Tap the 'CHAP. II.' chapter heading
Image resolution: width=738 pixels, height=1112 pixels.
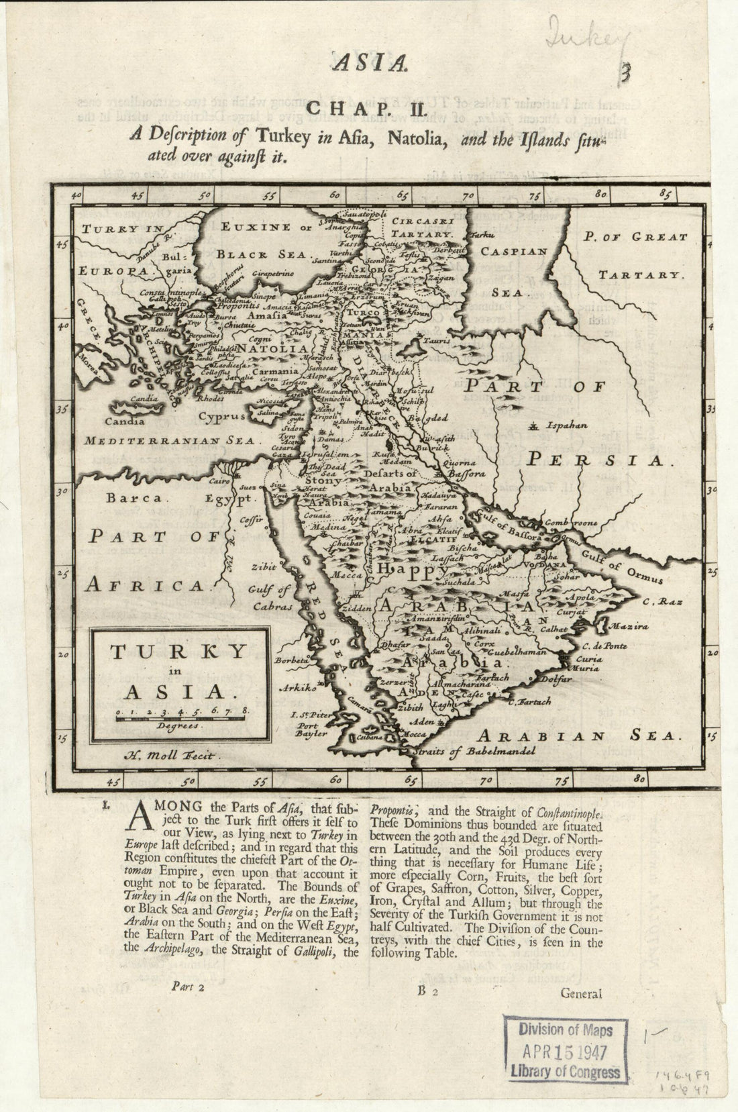pos(362,108)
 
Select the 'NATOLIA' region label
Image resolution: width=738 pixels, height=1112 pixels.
pos(273,349)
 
